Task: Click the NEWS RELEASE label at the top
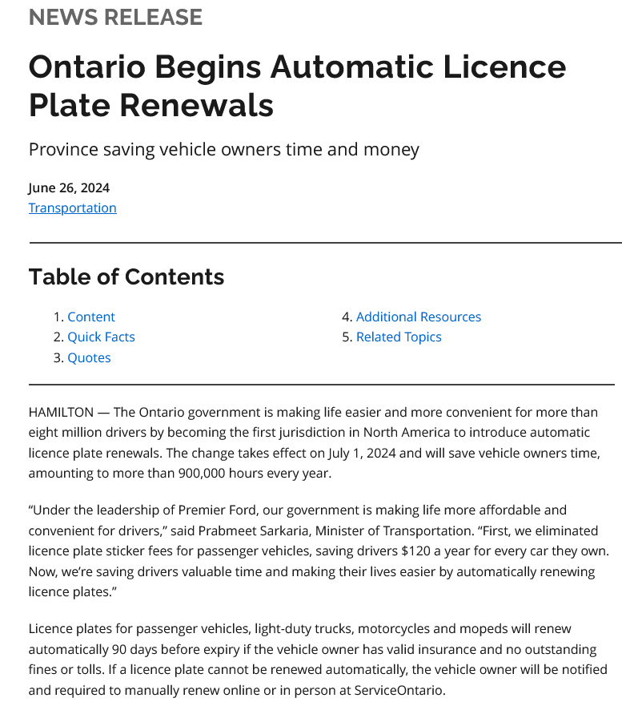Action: (x=115, y=16)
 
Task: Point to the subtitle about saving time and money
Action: (x=223, y=149)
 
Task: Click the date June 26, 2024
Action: (x=69, y=188)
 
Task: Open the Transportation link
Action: (x=72, y=208)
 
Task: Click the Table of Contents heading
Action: (x=126, y=276)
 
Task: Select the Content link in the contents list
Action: (x=90, y=317)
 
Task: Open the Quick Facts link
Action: (x=101, y=337)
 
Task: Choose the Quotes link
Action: (x=89, y=357)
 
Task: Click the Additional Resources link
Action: (x=418, y=317)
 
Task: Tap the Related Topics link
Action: (x=398, y=337)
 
